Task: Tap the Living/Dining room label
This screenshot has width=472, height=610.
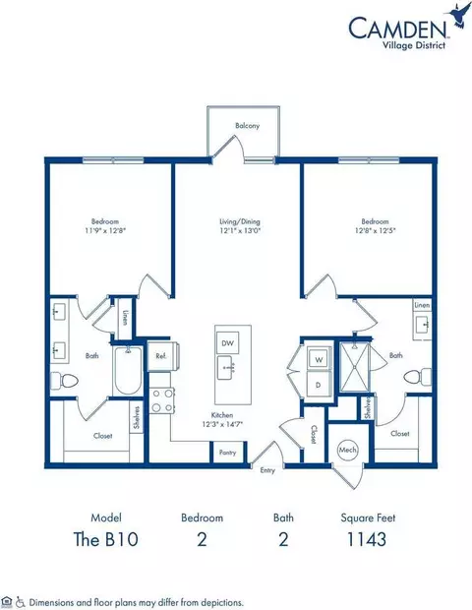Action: coord(238,222)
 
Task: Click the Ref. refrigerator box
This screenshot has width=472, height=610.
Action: coord(158,355)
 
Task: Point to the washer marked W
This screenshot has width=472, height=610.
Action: coord(320,360)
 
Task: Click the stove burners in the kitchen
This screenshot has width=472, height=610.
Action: coord(161,399)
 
